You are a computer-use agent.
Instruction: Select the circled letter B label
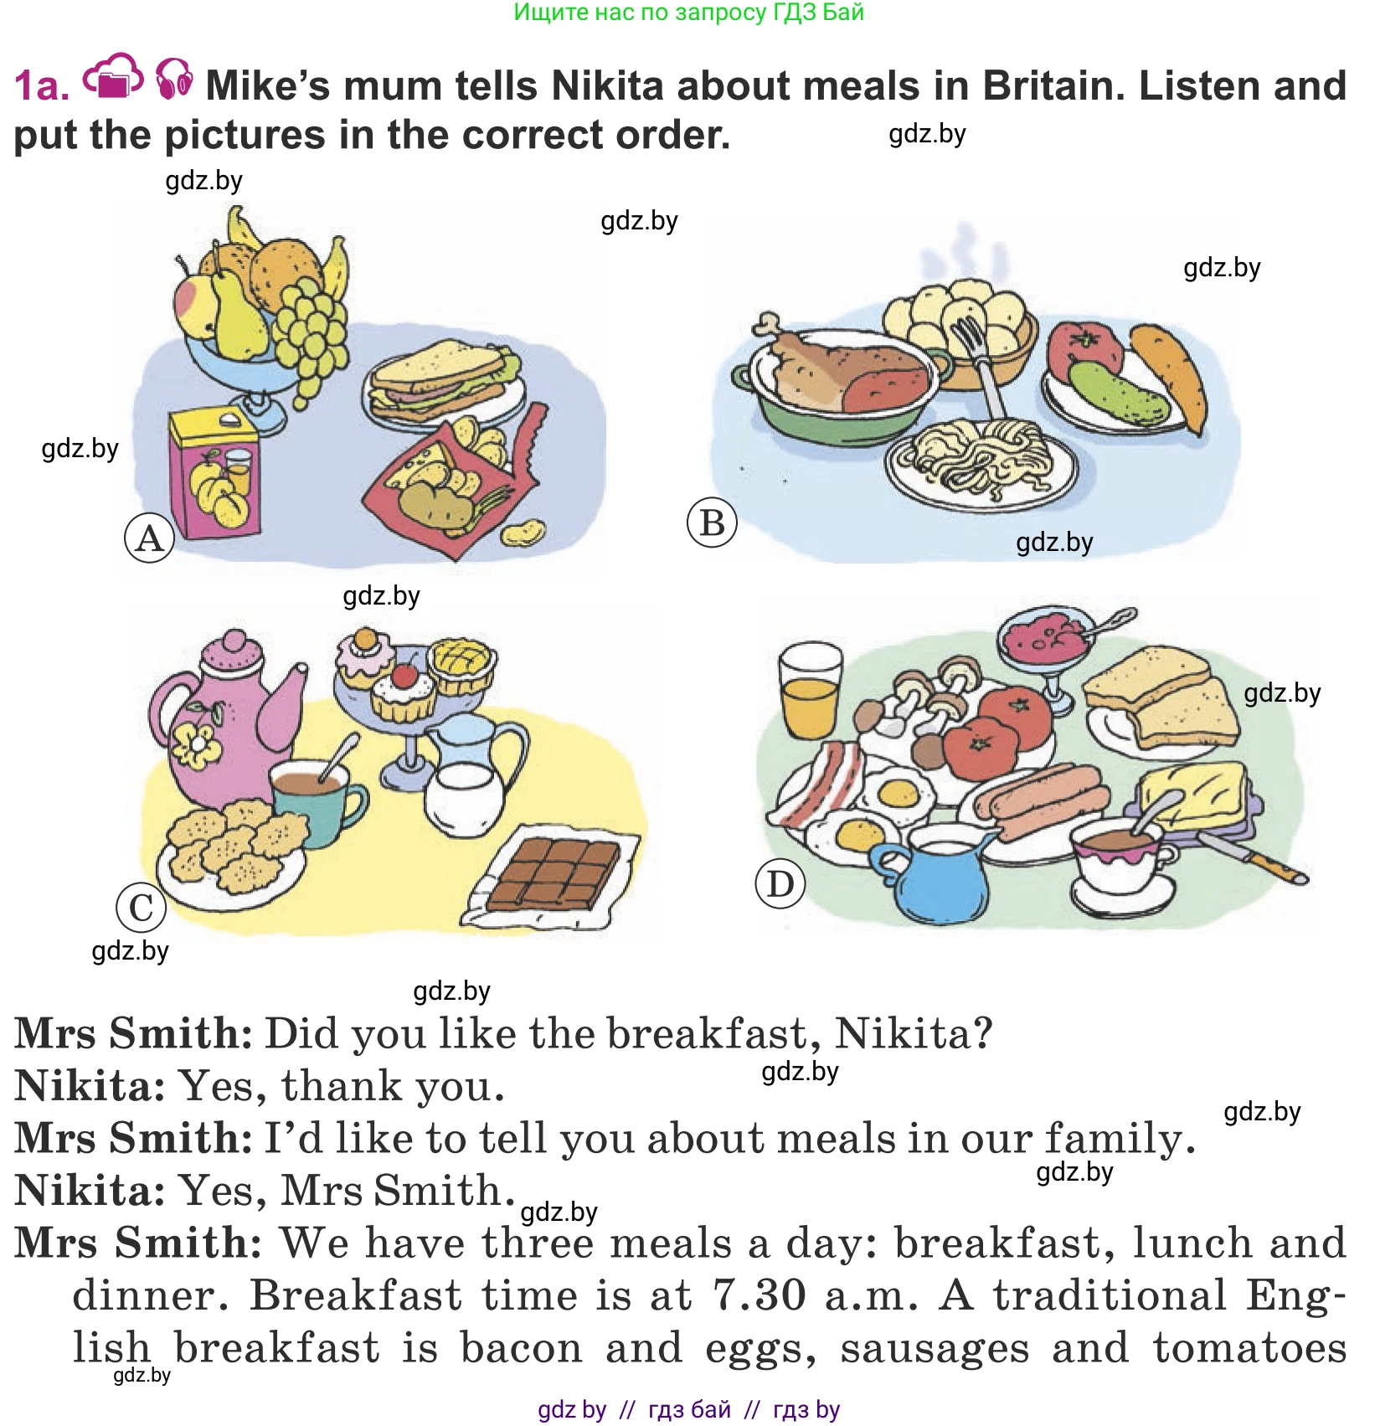[x=712, y=523]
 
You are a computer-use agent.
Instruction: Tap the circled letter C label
[x=141, y=908]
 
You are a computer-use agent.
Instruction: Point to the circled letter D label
[x=780, y=884]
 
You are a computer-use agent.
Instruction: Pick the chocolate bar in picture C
[x=554, y=873]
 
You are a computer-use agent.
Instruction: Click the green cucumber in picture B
[x=1119, y=394]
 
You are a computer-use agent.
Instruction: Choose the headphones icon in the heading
[x=174, y=79]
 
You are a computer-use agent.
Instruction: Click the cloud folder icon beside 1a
[x=113, y=77]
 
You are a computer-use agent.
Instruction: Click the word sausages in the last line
[x=935, y=1348]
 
